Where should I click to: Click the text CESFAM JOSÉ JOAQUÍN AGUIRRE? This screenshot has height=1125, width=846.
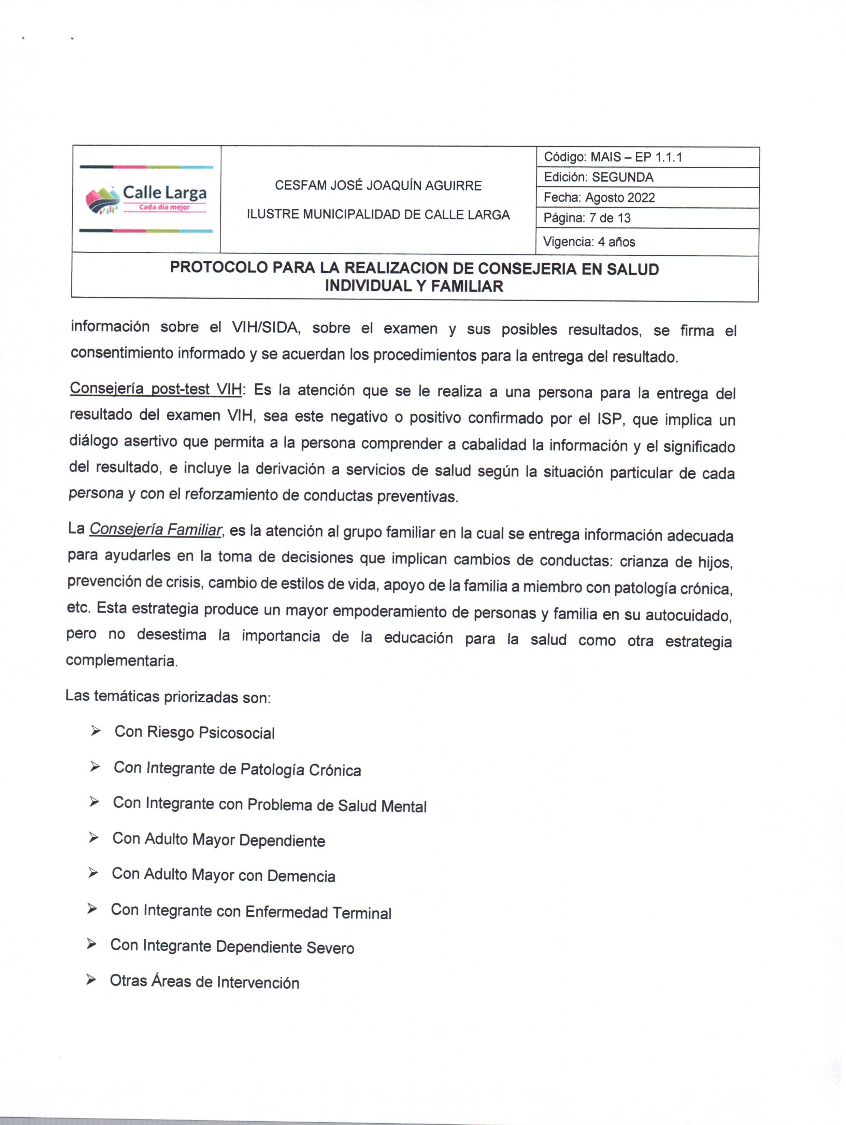[x=378, y=186]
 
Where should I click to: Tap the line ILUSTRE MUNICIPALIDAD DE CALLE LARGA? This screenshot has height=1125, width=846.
[x=378, y=215]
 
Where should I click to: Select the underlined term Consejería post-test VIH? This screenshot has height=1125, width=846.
[x=156, y=389]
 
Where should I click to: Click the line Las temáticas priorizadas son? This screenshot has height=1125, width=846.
[x=168, y=696]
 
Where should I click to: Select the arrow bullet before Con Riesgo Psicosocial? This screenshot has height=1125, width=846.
[x=95, y=731]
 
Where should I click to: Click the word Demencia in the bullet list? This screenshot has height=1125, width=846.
[x=301, y=876]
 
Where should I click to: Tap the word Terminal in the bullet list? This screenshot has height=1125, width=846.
[x=362, y=913]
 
